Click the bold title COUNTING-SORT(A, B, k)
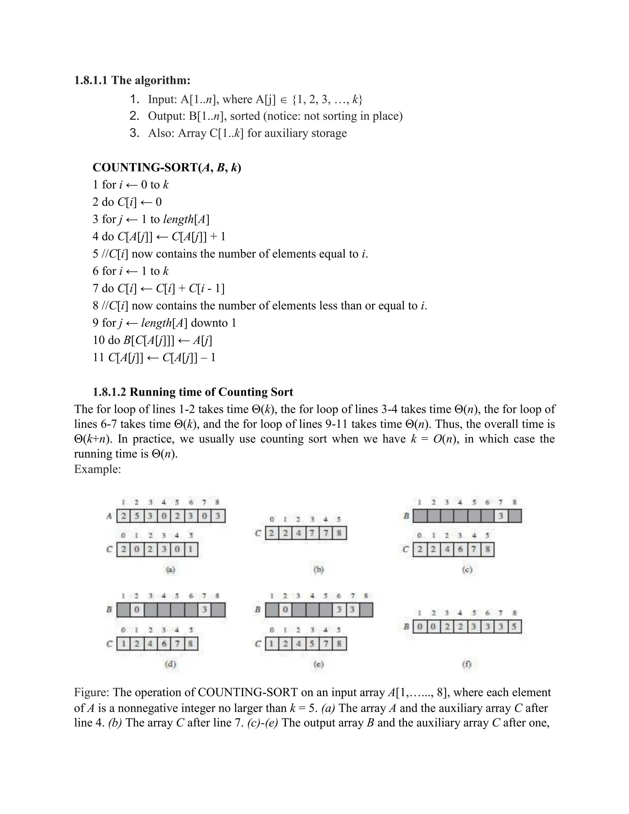pos(166,168)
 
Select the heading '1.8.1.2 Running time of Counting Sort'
pos(193,392)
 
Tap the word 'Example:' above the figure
pos(97,469)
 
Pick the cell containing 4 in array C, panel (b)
pos(299,533)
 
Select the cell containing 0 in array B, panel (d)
pos(137,610)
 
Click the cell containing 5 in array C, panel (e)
pos(312,644)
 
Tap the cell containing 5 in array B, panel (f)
pos(514,627)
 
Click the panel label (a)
pos(170,569)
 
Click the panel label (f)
pos(467,664)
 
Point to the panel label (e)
pos(318,664)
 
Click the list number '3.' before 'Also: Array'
pos(135,133)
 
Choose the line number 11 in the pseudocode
pos(98,358)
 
